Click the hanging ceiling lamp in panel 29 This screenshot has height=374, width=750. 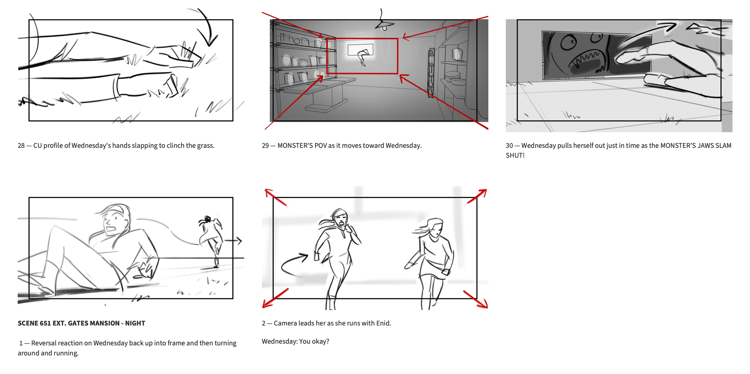384,25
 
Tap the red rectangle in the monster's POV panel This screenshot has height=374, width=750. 362,39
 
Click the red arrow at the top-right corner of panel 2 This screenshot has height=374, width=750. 477,196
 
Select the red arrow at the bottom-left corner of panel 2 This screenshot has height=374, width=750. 275,298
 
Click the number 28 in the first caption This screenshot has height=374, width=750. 21,146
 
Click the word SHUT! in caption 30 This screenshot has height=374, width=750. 515,156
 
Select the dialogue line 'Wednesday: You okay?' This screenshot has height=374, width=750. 295,342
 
